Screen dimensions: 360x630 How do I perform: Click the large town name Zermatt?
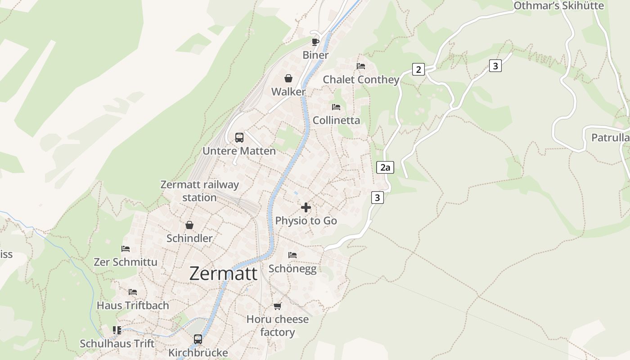pyautogui.click(x=223, y=274)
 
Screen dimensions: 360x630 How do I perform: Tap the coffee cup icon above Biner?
pyautogui.click(x=315, y=42)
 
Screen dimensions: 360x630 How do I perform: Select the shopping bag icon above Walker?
pyautogui.click(x=288, y=78)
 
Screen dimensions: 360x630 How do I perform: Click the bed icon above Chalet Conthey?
pyautogui.click(x=361, y=66)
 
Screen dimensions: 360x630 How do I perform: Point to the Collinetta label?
pyautogui.click(x=336, y=120)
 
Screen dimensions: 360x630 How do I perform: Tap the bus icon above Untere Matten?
pyautogui.click(x=239, y=137)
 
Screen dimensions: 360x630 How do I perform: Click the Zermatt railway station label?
pyautogui.click(x=199, y=191)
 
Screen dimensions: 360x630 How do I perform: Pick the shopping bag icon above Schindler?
pyautogui.click(x=189, y=225)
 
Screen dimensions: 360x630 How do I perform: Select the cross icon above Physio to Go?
pyautogui.click(x=306, y=207)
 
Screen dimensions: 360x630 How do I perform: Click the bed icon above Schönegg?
pyautogui.click(x=292, y=255)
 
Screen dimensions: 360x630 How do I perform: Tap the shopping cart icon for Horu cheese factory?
pyautogui.click(x=277, y=306)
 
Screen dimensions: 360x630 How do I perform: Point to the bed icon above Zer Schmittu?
pyautogui.click(x=126, y=248)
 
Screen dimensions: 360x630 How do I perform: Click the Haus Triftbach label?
pyautogui.click(x=133, y=305)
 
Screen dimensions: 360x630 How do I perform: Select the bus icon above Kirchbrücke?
pyautogui.click(x=198, y=339)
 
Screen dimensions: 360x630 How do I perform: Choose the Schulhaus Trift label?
pyautogui.click(x=117, y=343)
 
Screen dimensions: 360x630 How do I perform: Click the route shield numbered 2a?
pyautogui.click(x=385, y=168)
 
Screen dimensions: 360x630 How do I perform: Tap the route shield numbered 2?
pyautogui.click(x=418, y=69)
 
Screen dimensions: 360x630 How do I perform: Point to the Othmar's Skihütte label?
pyautogui.click(x=558, y=5)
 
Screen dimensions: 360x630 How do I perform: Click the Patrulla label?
pyautogui.click(x=610, y=138)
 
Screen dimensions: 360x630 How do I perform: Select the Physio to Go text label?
pyautogui.click(x=306, y=221)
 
